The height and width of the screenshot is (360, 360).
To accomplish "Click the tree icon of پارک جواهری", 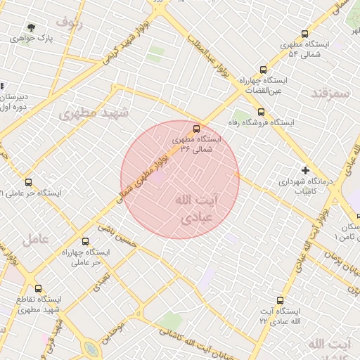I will coord(31,27).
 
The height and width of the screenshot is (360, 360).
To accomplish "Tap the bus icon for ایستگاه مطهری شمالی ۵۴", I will coord(304,33).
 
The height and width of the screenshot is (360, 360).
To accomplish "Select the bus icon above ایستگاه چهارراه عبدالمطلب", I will coord(263,70).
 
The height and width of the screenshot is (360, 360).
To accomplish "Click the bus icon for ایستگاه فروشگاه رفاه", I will coord(261,111).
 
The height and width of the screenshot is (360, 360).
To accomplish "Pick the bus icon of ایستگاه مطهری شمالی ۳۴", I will coord(196,129).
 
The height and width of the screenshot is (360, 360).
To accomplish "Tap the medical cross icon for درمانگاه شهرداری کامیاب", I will coord(305,170).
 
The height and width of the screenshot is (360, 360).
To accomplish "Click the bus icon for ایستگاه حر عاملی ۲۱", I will coord(28,183).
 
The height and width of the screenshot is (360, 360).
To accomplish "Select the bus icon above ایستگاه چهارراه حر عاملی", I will coord(86,241).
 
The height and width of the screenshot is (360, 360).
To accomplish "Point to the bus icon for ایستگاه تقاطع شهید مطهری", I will coord(38,288).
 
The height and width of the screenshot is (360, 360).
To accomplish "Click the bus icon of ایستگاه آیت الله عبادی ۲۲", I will coord(281,300).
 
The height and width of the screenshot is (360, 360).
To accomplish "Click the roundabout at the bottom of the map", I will coord(91,349).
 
